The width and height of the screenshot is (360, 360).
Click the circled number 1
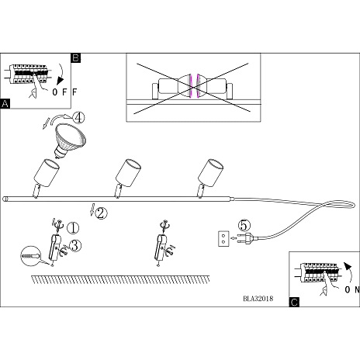pyautogui.click(x=73, y=228)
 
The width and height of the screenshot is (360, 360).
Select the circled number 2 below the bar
pyautogui.click(x=101, y=213)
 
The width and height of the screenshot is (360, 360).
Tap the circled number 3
pyautogui.click(x=75, y=245)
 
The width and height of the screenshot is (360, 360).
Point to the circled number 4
pyautogui.click(x=78, y=118)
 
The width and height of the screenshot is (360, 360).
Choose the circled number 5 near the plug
pyautogui.click(x=244, y=225)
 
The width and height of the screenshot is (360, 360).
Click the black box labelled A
pyautogui.click(x=5, y=104)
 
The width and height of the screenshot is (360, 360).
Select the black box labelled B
pyautogui.click(x=75, y=57)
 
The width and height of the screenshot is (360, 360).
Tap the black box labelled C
pyautogui.click(x=294, y=302)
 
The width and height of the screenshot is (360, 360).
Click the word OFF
pyautogui.click(x=64, y=92)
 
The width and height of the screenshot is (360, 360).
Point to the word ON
pyautogui.click(x=352, y=289)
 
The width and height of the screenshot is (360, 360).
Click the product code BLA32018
pyautogui.click(x=258, y=299)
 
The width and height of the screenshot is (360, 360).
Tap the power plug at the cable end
pyautogui.click(x=246, y=238)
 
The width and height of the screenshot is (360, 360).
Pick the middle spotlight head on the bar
pyautogui.click(x=128, y=172)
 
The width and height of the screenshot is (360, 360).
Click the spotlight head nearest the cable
pyautogui.click(x=210, y=172)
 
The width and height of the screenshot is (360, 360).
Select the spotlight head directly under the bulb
pyautogui.click(x=47, y=172)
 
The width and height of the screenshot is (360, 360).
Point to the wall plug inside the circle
pyautogui.click(x=30, y=256)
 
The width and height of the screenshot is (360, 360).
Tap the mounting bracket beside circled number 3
pyautogui.click(x=54, y=247)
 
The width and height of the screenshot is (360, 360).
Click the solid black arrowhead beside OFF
pyautogui.click(x=61, y=80)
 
